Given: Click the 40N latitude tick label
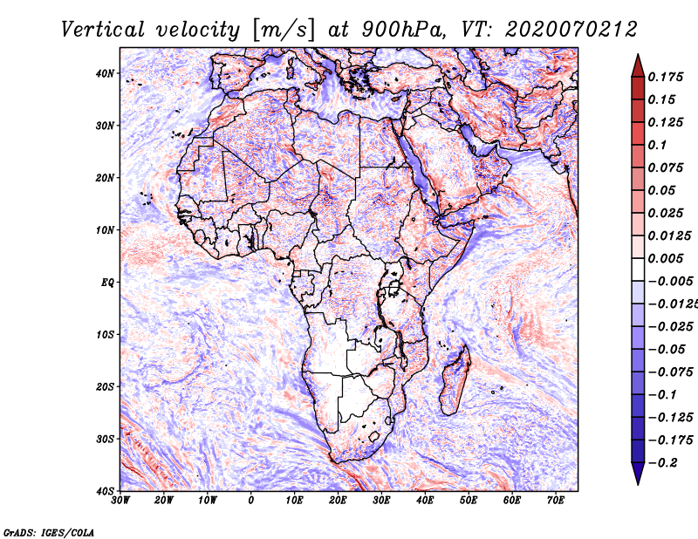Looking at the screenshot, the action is [105, 73].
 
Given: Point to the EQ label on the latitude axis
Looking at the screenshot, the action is [107, 283].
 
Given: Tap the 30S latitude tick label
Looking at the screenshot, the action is [105, 439].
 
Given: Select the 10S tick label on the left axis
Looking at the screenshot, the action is [105, 334].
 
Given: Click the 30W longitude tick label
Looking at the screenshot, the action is [120, 500].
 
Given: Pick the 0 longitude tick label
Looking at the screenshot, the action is [250, 500].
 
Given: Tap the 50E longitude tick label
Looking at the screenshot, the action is [469, 500].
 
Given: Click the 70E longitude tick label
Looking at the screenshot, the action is [556, 500].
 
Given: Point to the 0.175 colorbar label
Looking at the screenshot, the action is [665, 77].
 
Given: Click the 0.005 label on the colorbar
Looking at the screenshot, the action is [665, 258].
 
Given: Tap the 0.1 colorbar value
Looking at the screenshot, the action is [657, 145].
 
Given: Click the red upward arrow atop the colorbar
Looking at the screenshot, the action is [638, 66].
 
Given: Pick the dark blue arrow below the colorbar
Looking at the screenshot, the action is [638, 473].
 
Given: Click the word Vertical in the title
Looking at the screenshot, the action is [103, 30].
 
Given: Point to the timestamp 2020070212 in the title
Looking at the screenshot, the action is [571, 30].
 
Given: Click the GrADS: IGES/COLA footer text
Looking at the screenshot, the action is [49, 532].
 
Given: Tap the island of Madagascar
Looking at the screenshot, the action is [455, 379].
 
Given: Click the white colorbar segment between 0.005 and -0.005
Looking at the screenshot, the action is [638, 269].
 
